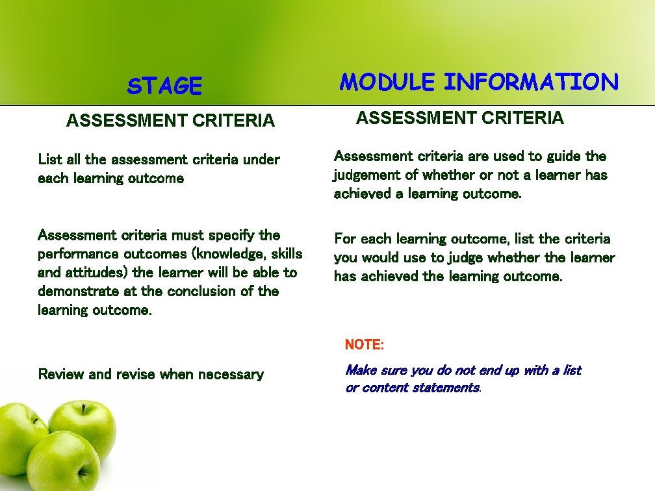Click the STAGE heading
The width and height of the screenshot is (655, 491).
[x=165, y=86]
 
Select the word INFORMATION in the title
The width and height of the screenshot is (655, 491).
[x=531, y=82]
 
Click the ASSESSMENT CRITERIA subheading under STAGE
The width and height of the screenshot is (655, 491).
[x=170, y=121]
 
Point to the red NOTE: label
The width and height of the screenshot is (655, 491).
[x=365, y=344]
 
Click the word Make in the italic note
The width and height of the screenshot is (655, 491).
[x=359, y=370]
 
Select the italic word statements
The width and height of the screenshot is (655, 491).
[x=448, y=388]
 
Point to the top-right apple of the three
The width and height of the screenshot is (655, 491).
[x=84, y=429]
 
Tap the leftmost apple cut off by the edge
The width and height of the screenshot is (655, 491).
[x=19, y=432]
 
